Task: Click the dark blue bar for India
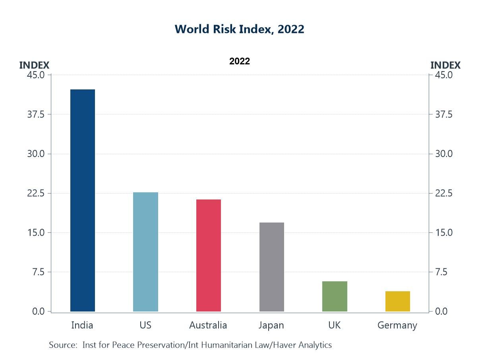83,200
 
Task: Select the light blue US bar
145,252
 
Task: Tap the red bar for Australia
209,255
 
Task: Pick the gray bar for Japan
272,267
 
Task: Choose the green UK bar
335,296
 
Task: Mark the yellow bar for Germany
397,301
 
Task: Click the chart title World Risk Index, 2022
240,29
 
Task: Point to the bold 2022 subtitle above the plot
240,61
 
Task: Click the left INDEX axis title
34,65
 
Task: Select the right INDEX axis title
445,65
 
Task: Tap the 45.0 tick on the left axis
37,75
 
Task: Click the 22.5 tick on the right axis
443,193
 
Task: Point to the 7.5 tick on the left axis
39,272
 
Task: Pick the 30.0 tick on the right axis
443,154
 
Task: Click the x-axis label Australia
208,325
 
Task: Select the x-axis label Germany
397,325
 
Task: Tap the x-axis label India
82,325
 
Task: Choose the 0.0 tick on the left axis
39,312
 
